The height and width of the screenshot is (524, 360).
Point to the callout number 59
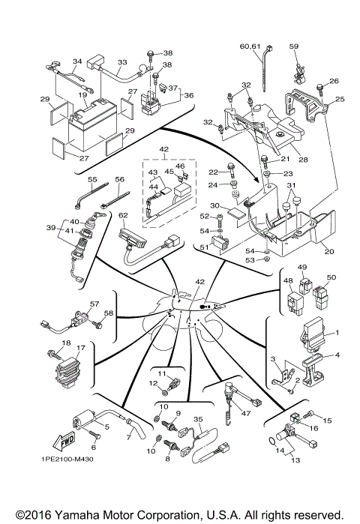click(294, 46)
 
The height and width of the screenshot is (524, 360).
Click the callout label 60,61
click(250, 46)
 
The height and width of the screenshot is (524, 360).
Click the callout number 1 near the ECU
click(337, 331)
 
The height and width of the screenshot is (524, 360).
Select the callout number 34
click(76, 61)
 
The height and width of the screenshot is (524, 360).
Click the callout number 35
click(199, 420)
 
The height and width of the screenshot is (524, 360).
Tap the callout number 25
click(339, 99)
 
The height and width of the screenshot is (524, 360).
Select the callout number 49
click(302, 267)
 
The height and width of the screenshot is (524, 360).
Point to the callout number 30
click(214, 205)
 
